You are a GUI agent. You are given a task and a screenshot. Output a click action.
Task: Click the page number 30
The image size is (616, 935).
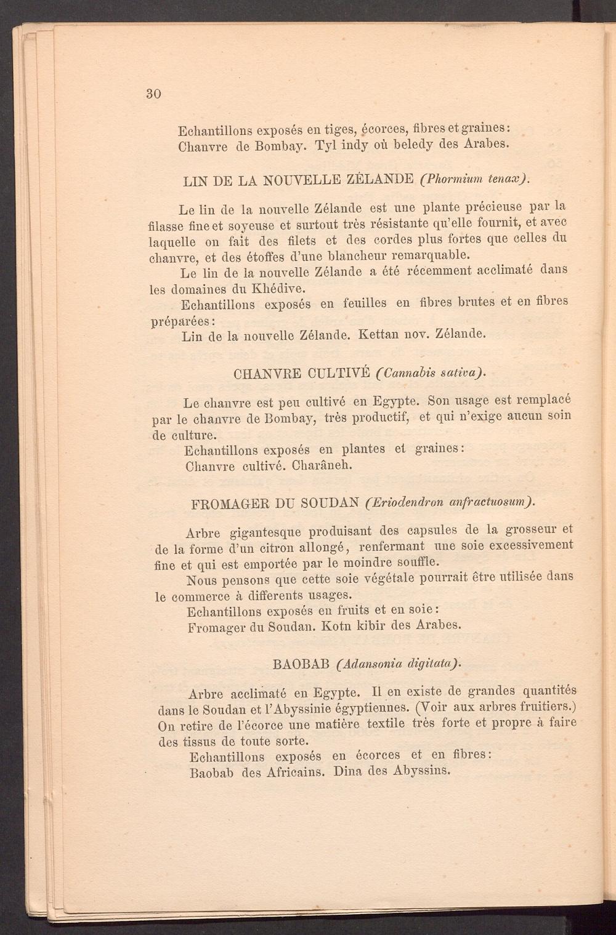click(x=153, y=94)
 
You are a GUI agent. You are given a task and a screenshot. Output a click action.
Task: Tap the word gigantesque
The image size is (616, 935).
click(x=265, y=531)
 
